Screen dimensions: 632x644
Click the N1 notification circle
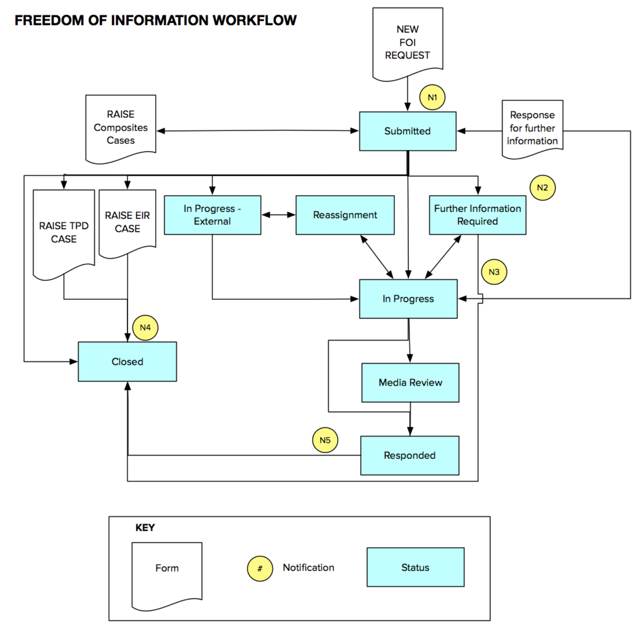tap(432, 98)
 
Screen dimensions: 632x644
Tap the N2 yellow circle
tap(542, 188)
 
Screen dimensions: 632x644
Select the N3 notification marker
tap(494, 272)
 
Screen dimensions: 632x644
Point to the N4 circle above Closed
tap(145, 328)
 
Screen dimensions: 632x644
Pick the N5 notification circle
tap(325, 440)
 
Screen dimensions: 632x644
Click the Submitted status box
tap(408, 131)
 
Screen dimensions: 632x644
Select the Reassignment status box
tap(345, 215)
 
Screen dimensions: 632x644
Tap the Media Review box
tap(410, 382)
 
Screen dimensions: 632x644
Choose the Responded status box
tap(409, 455)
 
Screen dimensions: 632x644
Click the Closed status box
tap(127, 361)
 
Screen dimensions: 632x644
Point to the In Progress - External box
tap(212, 215)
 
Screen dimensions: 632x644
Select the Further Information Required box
tap(477, 215)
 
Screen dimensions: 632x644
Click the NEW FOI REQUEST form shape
tap(408, 42)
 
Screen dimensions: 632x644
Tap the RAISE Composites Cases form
tap(120, 127)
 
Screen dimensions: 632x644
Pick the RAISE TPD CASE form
tap(64, 232)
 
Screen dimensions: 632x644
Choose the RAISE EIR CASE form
tap(127, 222)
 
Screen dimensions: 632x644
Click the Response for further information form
tap(532, 128)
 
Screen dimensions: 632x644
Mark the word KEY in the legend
tap(145, 527)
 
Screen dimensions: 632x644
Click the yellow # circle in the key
tap(259, 569)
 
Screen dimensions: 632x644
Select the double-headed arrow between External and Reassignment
tap(278, 215)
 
